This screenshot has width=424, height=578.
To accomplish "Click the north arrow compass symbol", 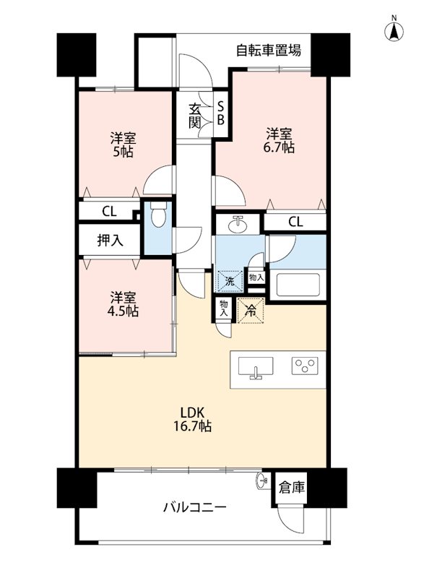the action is click(394, 30).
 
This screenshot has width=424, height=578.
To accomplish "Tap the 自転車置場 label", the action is click(269, 50).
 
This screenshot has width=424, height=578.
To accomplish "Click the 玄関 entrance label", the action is click(194, 116).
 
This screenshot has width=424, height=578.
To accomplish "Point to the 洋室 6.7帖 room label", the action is click(280, 140).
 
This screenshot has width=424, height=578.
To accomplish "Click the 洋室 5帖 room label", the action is click(124, 145).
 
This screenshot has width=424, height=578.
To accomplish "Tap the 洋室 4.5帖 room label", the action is click(123, 304).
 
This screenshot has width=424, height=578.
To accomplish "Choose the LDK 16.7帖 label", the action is click(192, 419).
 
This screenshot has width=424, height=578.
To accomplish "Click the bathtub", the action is click(298, 284).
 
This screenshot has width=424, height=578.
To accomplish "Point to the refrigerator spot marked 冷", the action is click(251, 311).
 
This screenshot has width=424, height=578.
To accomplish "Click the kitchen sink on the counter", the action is click(256, 367).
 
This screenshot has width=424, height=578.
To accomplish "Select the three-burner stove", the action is click(305, 366).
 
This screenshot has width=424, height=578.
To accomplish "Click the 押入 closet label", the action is click(110, 241).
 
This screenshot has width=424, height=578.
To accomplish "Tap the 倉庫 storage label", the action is click(292, 487).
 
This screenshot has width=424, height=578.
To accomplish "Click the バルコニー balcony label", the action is click(195, 508).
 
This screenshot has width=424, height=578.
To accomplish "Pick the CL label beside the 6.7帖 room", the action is click(295, 222).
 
